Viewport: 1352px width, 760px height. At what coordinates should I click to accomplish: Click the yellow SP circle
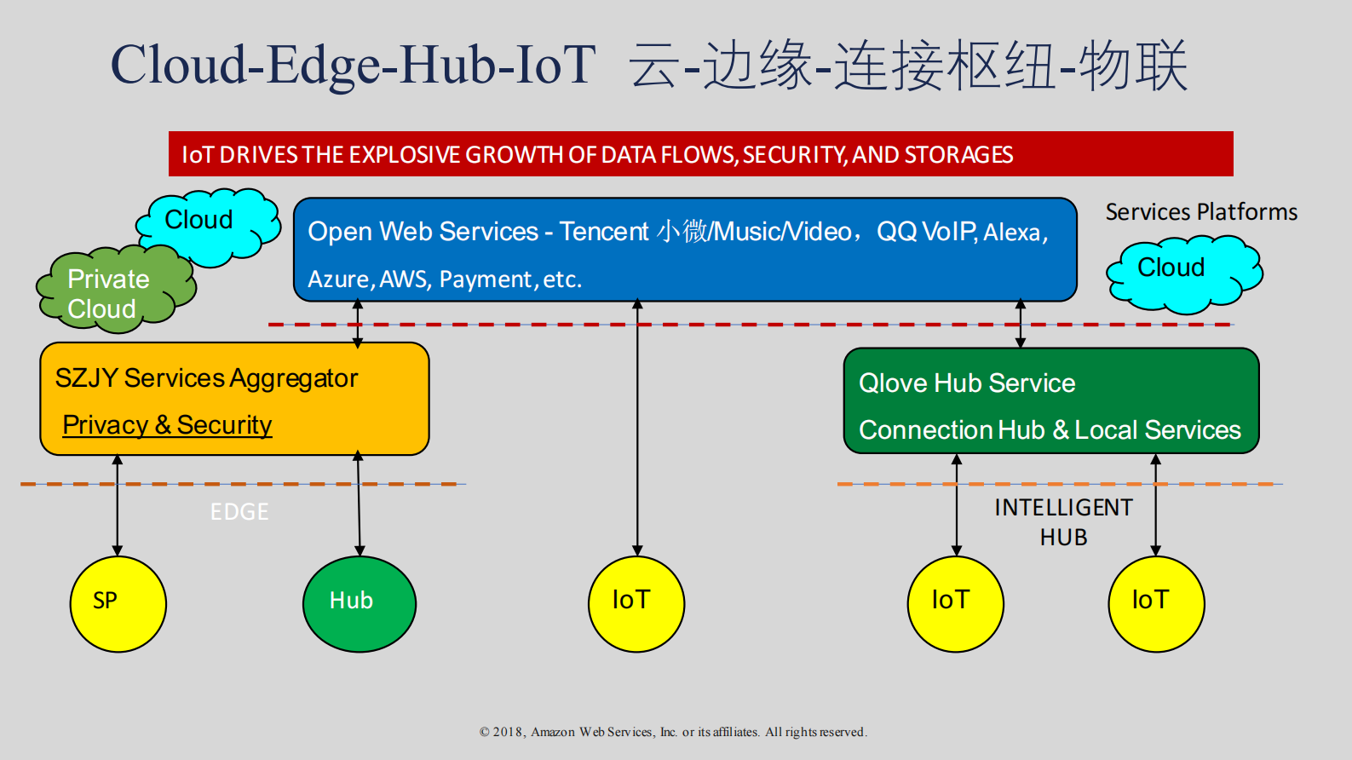[x=118, y=604]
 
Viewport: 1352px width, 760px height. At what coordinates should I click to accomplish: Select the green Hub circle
[x=359, y=604]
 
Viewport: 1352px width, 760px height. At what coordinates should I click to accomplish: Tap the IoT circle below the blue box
[x=636, y=604]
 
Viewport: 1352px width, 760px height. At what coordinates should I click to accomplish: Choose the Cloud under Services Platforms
[x=1182, y=271]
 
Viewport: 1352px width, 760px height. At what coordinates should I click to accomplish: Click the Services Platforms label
[x=1201, y=212]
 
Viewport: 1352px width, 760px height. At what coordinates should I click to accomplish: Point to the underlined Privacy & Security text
[x=167, y=424]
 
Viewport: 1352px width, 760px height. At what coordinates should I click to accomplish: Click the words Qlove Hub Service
[x=967, y=383]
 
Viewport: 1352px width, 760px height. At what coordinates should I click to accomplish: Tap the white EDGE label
[x=239, y=512]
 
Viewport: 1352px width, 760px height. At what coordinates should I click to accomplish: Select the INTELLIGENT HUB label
[x=1063, y=521]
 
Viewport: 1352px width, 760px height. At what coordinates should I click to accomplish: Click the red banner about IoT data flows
[x=700, y=154]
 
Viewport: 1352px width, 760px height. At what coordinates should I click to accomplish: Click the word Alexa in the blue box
[x=1012, y=233]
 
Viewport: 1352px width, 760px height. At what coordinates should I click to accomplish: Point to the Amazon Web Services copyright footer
[x=673, y=732]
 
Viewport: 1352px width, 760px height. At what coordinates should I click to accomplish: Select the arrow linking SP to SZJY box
[x=118, y=505]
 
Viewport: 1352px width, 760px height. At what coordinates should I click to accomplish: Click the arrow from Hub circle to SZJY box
[x=359, y=505]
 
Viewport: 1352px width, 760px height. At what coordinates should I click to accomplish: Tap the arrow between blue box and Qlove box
[x=1021, y=324]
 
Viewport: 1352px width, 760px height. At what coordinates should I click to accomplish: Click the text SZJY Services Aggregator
[x=206, y=378]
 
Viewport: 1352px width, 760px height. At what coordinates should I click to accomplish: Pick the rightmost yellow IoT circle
[x=1156, y=604]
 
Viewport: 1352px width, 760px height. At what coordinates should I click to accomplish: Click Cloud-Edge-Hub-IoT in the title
[x=353, y=66]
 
